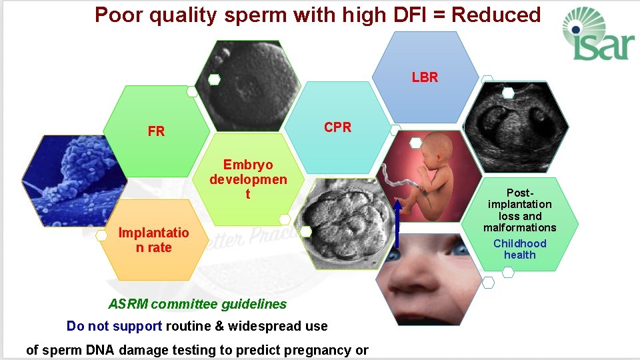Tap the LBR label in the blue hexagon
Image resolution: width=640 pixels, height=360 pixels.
(x=425, y=77)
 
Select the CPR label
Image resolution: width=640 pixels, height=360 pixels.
(x=337, y=127)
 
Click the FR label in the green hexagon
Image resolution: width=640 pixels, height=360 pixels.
(x=156, y=131)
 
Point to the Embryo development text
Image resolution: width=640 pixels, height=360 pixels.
(x=248, y=179)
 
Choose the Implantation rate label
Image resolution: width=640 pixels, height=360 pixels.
(x=153, y=240)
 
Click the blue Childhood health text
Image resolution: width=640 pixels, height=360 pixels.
(x=519, y=249)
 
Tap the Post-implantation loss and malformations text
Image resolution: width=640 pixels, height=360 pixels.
(x=520, y=210)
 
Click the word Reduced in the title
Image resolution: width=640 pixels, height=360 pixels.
(x=499, y=15)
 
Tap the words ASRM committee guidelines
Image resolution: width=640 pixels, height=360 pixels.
(x=197, y=305)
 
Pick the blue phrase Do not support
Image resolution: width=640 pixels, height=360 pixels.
(x=114, y=326)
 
